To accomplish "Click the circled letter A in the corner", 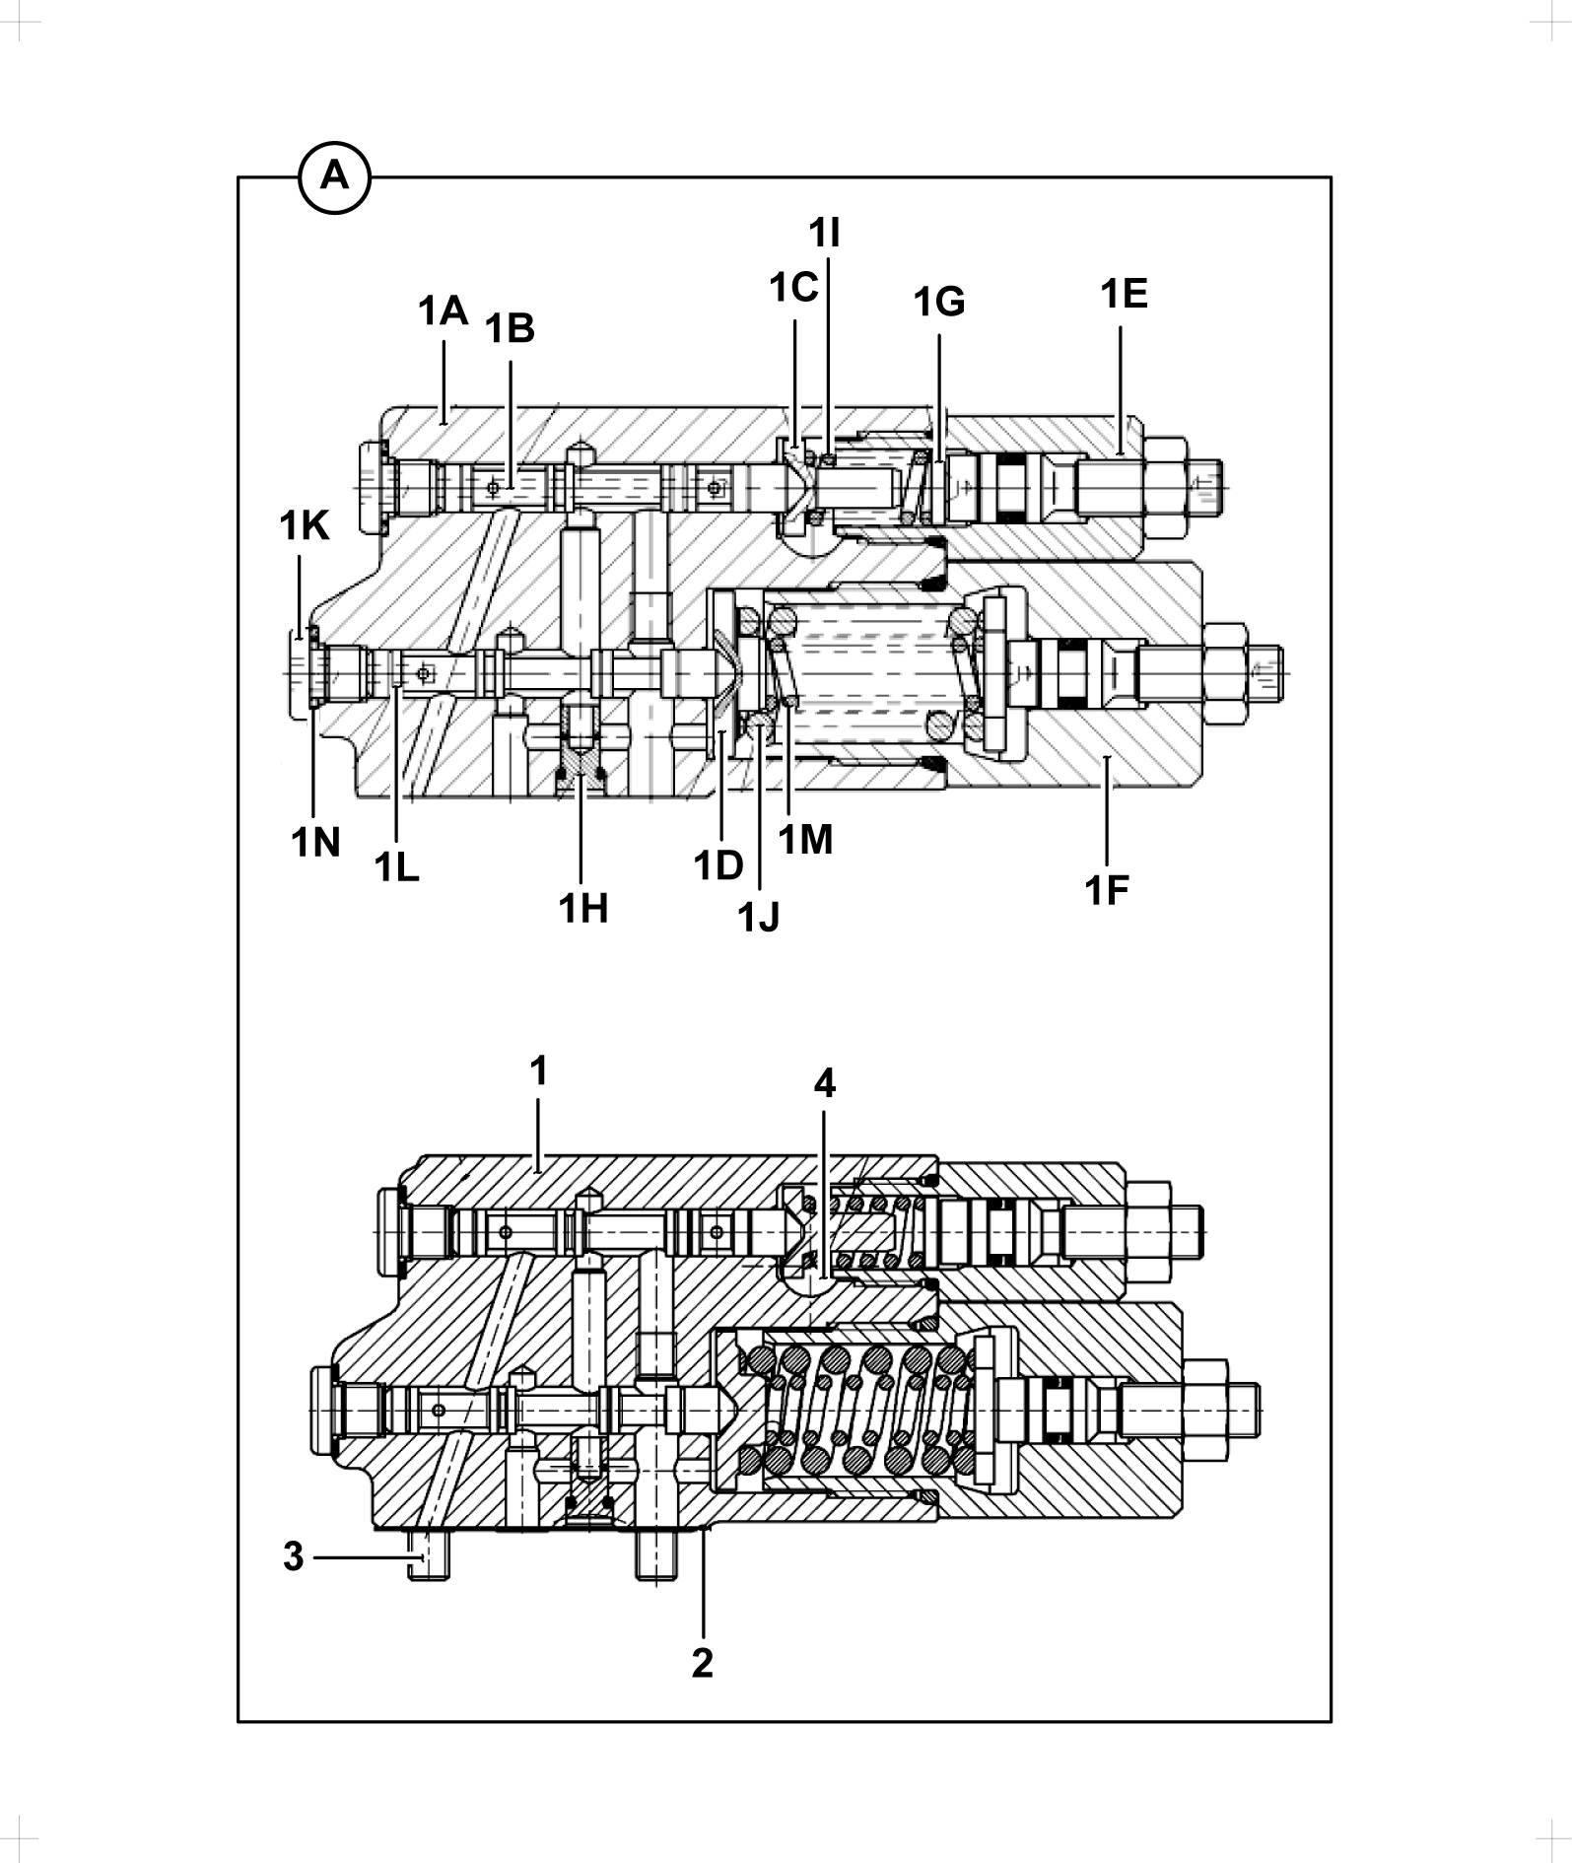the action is (334, 177).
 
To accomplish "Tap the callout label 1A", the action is (443, 311).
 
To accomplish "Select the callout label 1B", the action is (510, 329).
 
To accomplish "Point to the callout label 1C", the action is (794, 288).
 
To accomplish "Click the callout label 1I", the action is (825, 234).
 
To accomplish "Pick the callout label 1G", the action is (939, 303).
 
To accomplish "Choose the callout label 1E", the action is (1125, 294).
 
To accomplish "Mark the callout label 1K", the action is (304, 526).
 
